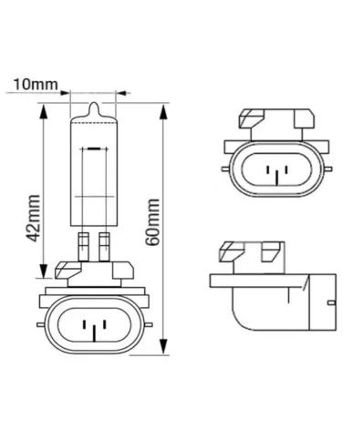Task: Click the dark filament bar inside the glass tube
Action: coord(92,146)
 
